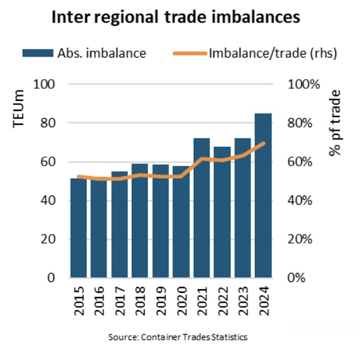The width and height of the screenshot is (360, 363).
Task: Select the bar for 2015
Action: [x=79, y=228]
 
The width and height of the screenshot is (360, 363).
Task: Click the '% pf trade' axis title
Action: [x=335, y=123]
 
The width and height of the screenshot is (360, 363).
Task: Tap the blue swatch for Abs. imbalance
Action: [x=37, y=53]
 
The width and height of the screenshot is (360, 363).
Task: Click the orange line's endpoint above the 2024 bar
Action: [x=264, y=143]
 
